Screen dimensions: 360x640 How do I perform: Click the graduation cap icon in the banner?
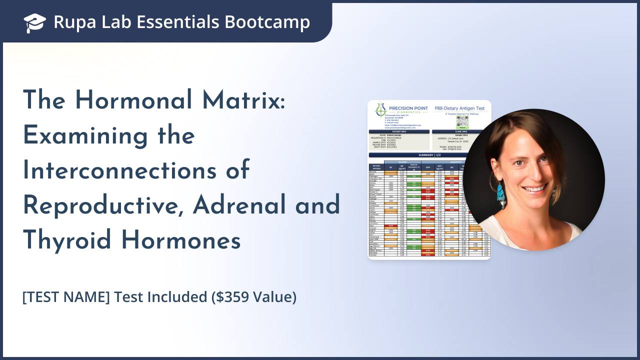click(34, 22)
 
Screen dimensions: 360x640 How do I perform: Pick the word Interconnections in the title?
click(136, 170)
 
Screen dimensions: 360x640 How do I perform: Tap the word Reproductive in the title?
click(102, 205)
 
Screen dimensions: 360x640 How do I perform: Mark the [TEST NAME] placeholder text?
click(66, 297)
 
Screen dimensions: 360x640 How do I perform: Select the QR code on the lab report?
click(462, 122)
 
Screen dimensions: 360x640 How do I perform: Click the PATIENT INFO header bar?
click(399, 132)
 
